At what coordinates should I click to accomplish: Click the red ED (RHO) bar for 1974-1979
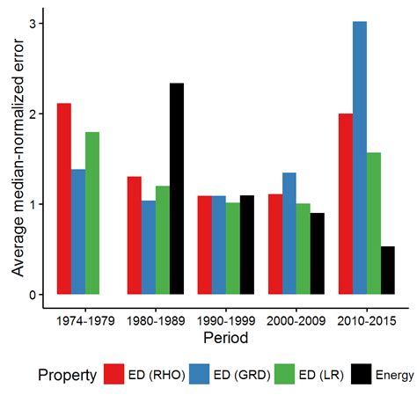point(64,199)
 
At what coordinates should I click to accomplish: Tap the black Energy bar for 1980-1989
point(177,188)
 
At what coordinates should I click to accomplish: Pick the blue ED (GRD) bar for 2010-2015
point(360,157)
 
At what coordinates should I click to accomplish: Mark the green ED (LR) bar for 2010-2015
point(374,223)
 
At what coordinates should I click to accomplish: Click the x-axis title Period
point(226,337)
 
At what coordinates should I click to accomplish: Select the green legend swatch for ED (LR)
point(282,375)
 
